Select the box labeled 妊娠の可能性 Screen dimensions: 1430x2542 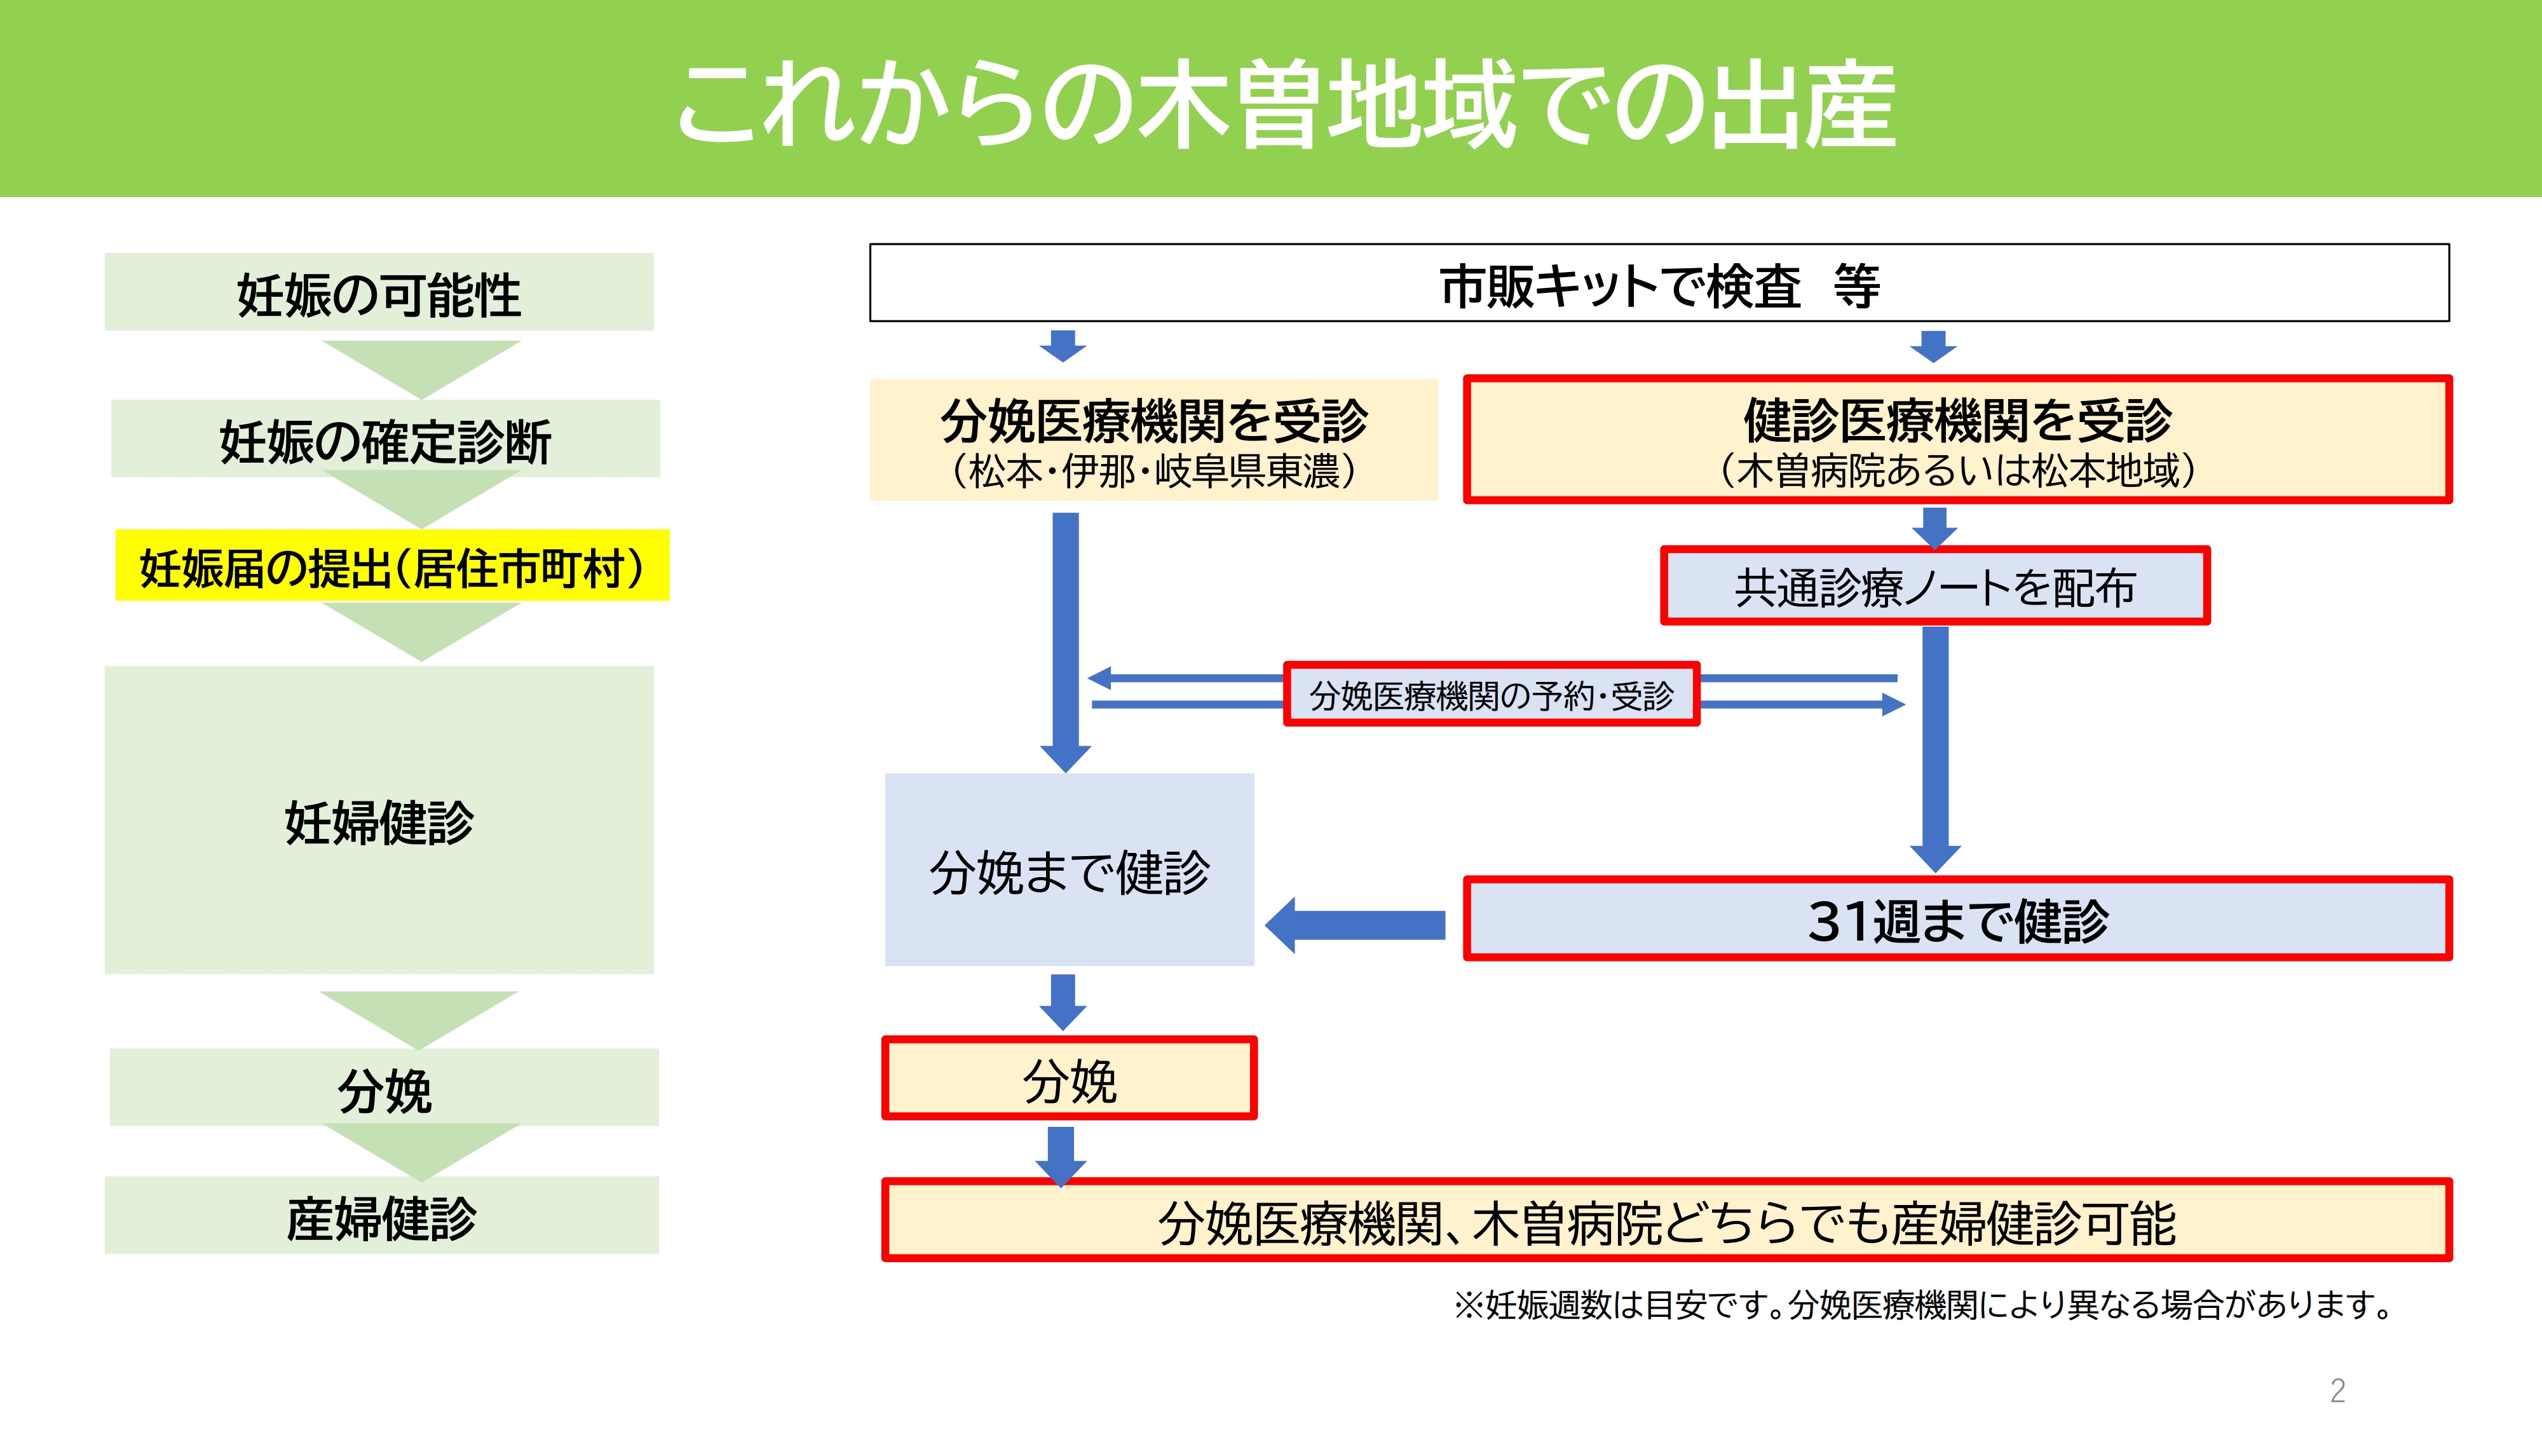tap(379, 293)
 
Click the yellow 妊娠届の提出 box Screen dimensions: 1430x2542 tap(391, 566)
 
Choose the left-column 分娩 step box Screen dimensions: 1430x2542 tap(384, 1089)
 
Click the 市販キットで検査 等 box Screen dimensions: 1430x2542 tap(1659, 284)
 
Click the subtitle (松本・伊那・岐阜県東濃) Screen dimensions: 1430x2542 tap(1153, 472)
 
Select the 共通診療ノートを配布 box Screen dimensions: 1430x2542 tap(1934, 587)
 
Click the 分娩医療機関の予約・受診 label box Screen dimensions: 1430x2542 tap(1491, 695)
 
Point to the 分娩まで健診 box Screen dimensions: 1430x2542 tap(1069, 871)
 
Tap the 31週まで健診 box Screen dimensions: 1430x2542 tap(1957, 920)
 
